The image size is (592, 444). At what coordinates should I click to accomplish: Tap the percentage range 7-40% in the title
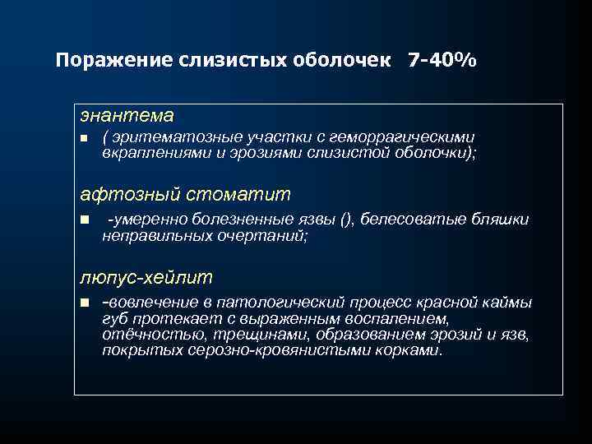coord(441,62)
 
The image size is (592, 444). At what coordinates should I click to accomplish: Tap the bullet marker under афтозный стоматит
coord(84,220)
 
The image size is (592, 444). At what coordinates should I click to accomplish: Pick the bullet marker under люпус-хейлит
coord(84,303)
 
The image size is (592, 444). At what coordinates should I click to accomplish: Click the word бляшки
coord(499,220)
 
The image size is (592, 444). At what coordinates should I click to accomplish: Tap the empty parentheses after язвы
coord(348,220)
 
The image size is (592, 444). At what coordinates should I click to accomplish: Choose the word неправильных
coord(147,235)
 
